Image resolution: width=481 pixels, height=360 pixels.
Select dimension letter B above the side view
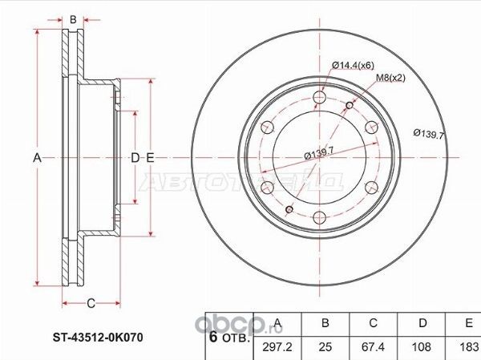point(72,19)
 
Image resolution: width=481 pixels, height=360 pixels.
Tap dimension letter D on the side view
point(135,158)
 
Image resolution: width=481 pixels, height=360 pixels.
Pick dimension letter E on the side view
point(150,158)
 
